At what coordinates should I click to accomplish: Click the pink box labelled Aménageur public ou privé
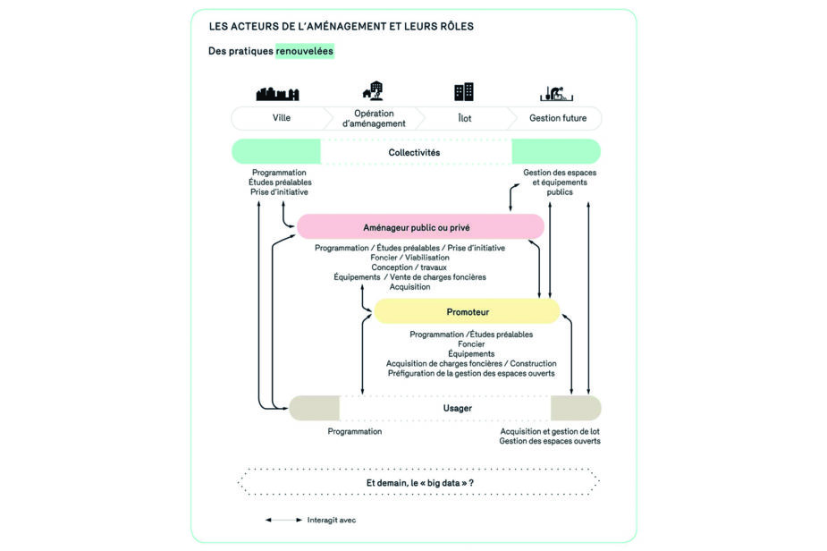[420, 228]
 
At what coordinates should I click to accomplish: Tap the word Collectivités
[414, 152]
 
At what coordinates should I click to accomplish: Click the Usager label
[458, 408]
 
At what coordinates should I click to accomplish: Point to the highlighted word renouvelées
[305, 51]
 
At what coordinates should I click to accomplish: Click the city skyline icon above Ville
[278, 93]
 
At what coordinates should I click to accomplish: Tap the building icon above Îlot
[464, 91]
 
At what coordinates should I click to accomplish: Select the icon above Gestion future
[556, 92]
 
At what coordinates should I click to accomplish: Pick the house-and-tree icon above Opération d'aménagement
[373, 91]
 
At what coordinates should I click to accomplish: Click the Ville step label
[282, 118]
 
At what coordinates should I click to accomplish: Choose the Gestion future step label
[558, 118]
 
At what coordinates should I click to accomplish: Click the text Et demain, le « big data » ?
[420, 482]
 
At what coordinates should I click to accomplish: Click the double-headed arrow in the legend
[283, 520]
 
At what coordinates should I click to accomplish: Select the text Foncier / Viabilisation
[409, 258]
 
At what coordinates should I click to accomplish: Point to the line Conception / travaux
[409, 267]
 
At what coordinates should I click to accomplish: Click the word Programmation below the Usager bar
[355, 431]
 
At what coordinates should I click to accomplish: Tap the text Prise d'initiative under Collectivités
[280, 191]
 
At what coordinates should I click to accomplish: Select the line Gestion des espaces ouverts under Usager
[550, 441]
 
